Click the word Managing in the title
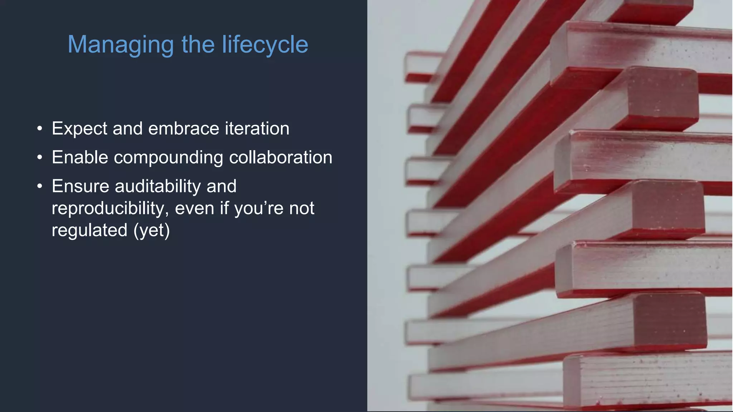pyautogui.click(x=121, y=45)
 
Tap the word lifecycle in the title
pyautogui.click(x=265, y=45)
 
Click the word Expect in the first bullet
pyautogui.click(x=79, y=129)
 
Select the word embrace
pyautogui.click(x=183, y=128)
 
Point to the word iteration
pyautogui.click(x=257, y=128)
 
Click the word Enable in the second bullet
pyautogui.click(x=80, y=157)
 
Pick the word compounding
pyautogui.click(x=169, y=158)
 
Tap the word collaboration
pyautogui.click(x=281, y=157)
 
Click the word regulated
pyautogui.click(x=89, y=230)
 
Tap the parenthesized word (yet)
pyautogui.click(x=152, y=230)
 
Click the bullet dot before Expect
pyautogui.click(x=40, y=128)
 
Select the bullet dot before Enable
pyautogui.click(x=40, y=157)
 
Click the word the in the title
pyautogui.click(x=198, y=45)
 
